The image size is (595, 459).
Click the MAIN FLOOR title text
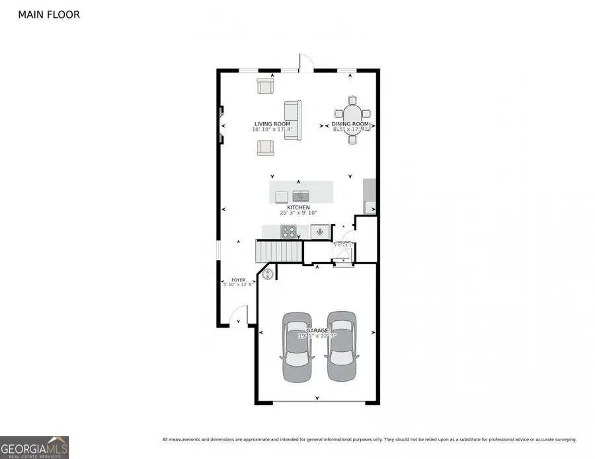click(49, 14)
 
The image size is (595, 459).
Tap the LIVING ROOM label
click(272, 124)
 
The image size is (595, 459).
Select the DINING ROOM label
click(350, 124)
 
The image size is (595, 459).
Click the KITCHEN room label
click(298, 207)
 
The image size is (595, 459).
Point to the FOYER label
click(238, 280)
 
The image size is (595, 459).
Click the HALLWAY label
click(344, 242)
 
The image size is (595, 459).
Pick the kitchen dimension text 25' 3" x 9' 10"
click(299, 213)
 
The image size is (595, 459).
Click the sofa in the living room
click(293, 120)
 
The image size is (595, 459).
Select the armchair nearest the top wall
click(266, 86)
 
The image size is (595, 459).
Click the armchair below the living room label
click(266, 147)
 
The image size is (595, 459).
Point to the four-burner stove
click(289, 232)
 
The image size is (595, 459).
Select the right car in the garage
click(341, 346)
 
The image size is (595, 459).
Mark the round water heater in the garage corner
click(268, 273)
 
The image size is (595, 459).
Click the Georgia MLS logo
click(34, 446)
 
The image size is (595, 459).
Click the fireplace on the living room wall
click(221, 125)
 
